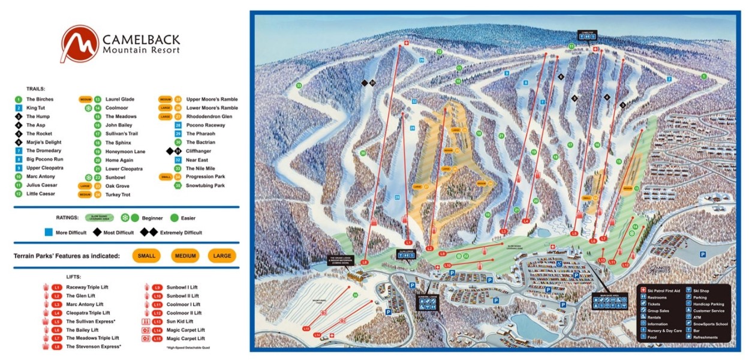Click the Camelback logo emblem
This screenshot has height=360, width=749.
79,43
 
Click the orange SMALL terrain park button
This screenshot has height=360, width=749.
146,256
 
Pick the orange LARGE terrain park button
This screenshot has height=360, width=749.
222,256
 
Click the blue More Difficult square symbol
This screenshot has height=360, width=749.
49,232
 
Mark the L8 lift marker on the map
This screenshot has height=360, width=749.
365,262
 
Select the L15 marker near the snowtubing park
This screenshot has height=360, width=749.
306,328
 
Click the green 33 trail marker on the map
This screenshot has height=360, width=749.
298,85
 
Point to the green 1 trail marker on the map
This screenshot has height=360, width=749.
704,76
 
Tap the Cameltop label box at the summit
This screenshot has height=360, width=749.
585,35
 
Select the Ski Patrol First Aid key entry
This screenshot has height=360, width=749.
666,291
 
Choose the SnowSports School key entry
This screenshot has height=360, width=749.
709,324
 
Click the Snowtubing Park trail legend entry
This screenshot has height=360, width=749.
206,186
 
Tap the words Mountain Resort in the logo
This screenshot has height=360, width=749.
141,50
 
